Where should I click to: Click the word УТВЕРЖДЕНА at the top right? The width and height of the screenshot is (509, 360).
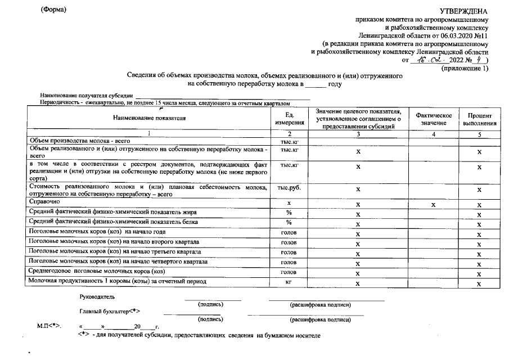pyautogui.click(x=463, y=11)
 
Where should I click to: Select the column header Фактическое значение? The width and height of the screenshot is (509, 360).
pyautogui.click(x=434, y=119)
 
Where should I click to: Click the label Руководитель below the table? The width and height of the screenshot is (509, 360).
pyautogui.click(x=97, y=296)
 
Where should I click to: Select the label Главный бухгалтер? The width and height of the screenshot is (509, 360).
pyautogui.click(x=110, y=311)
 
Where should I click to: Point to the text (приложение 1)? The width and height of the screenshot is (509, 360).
pyautogui.click(x=465, y=67)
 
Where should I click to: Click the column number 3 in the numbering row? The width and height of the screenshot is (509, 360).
pyautogui.click(x=358, y=134)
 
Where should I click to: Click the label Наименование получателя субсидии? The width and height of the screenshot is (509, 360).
pyautogui.click(x=87, y=96)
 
